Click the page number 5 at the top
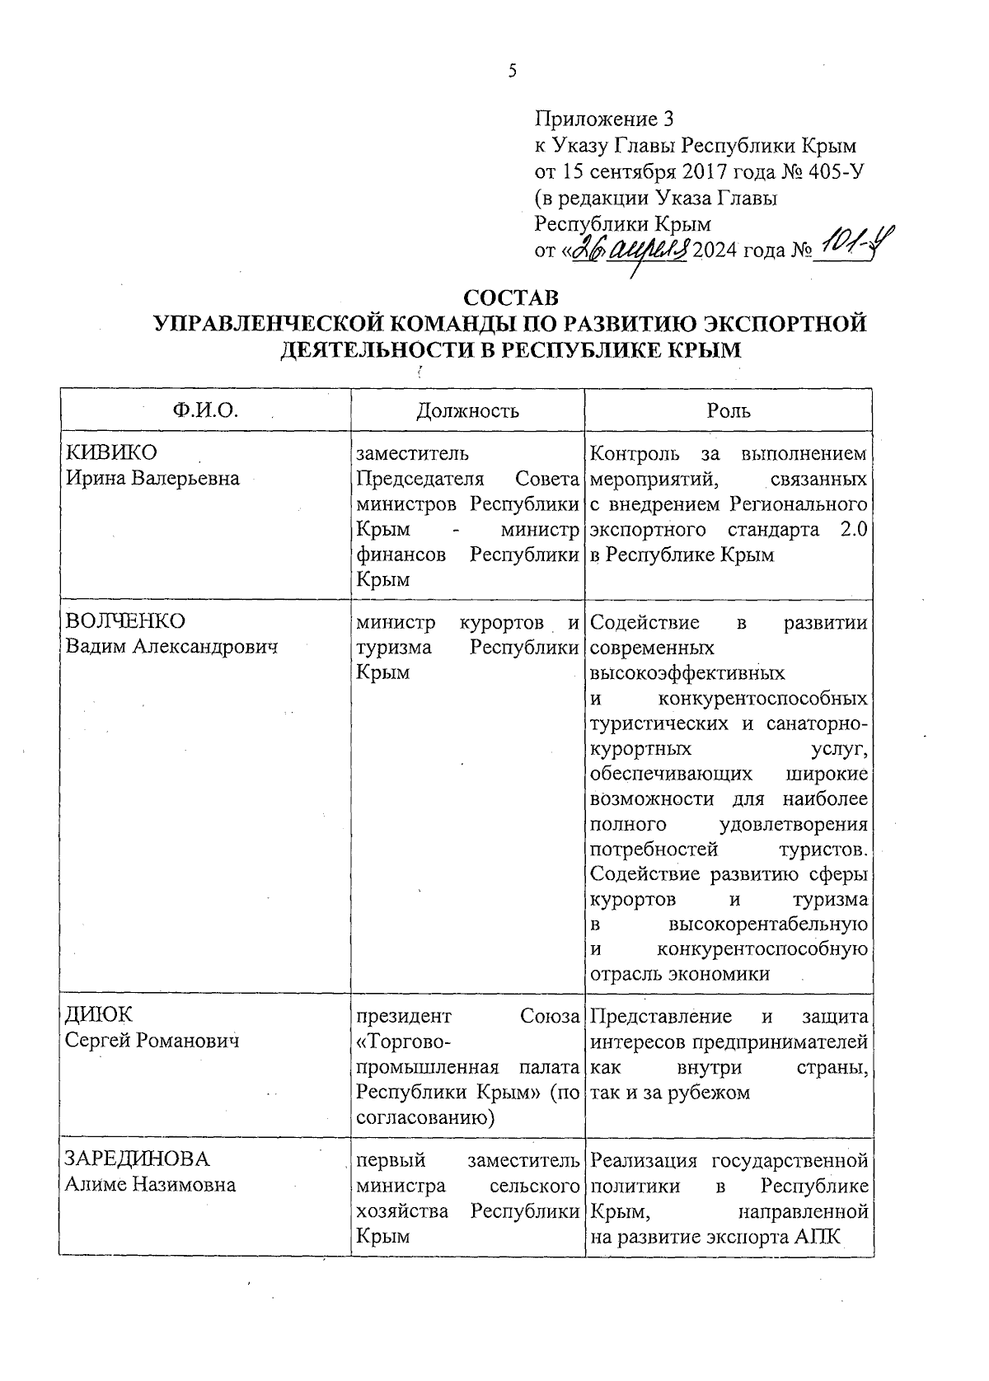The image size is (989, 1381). click(512, 72)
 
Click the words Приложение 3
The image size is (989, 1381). click(605, 119)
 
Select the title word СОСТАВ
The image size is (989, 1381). click(511, 297)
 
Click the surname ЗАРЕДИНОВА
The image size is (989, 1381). click(138, 1159)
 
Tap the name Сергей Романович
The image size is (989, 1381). click(152, 1041)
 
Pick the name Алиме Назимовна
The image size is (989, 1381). click(151, 1185)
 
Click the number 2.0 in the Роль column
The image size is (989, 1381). click(852, 529)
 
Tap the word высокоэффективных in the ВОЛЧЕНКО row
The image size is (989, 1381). click(687, 673)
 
